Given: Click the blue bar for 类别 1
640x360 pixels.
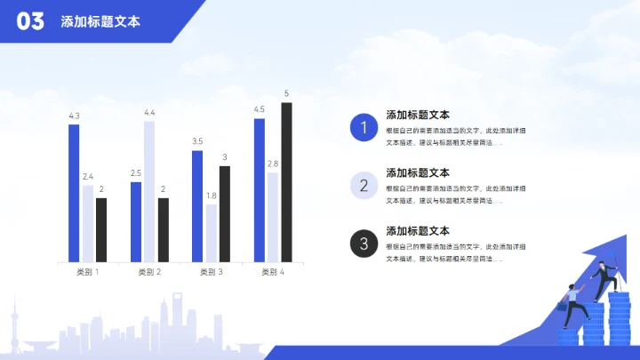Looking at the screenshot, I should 74,193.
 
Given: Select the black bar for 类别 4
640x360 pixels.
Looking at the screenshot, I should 286,182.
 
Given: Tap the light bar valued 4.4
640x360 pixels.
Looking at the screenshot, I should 149,191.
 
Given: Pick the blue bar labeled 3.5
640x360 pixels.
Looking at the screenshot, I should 196,206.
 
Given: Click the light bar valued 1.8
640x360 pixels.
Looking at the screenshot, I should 211,233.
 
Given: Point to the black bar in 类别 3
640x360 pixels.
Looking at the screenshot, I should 225,213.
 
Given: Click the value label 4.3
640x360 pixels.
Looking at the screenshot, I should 74,116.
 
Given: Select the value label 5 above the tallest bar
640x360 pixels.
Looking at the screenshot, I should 286,93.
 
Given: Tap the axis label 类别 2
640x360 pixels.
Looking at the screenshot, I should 149,272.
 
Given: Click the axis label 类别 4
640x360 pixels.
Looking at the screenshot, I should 273,272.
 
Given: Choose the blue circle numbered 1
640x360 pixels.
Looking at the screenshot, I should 363,128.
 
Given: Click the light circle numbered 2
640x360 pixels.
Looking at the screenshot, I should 363,185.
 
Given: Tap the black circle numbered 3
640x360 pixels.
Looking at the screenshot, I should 363,243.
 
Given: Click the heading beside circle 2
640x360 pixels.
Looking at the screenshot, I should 418,172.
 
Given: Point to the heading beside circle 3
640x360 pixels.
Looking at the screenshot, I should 418,231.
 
